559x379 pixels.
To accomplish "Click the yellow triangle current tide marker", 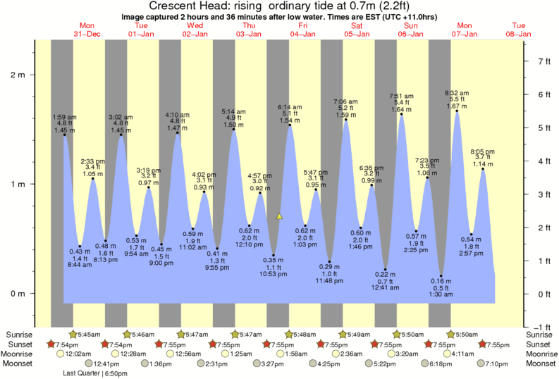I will (280, 216).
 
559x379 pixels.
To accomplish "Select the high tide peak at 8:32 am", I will (457, 111).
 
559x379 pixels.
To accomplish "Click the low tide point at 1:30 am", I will (441, 275).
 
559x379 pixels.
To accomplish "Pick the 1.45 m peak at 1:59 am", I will (64, 135).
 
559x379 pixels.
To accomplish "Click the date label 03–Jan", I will (249, 34).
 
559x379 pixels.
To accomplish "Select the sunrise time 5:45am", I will (89, 334).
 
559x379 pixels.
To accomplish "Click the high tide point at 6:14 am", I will (289, 125).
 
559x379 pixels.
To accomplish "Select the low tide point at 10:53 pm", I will (274, 255).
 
